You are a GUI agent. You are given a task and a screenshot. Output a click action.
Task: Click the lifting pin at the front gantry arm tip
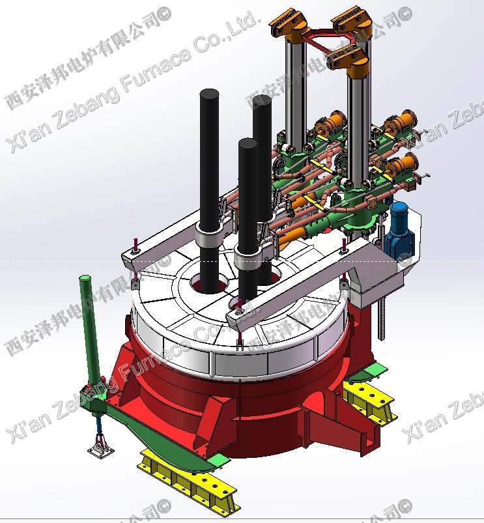(239, 306)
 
